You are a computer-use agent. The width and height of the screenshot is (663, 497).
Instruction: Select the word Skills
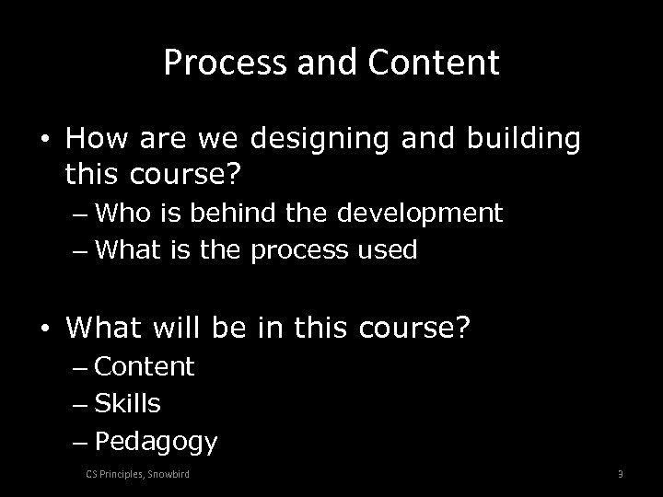tap(128, 403)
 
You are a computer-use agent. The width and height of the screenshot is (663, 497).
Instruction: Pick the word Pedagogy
tap(156, 443)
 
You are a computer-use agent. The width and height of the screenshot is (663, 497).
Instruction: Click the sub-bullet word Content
tap(145, 366)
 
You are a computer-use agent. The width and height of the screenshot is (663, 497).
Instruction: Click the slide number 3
tap(620, 474)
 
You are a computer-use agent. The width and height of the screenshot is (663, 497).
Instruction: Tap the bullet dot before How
tap(46, 139)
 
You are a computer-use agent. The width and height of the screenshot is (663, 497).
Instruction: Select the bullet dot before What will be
tap(46, 325)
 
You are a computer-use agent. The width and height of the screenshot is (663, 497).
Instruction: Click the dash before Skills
tap(79, 404)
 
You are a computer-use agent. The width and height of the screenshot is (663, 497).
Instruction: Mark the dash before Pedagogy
tap(79, 442)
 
